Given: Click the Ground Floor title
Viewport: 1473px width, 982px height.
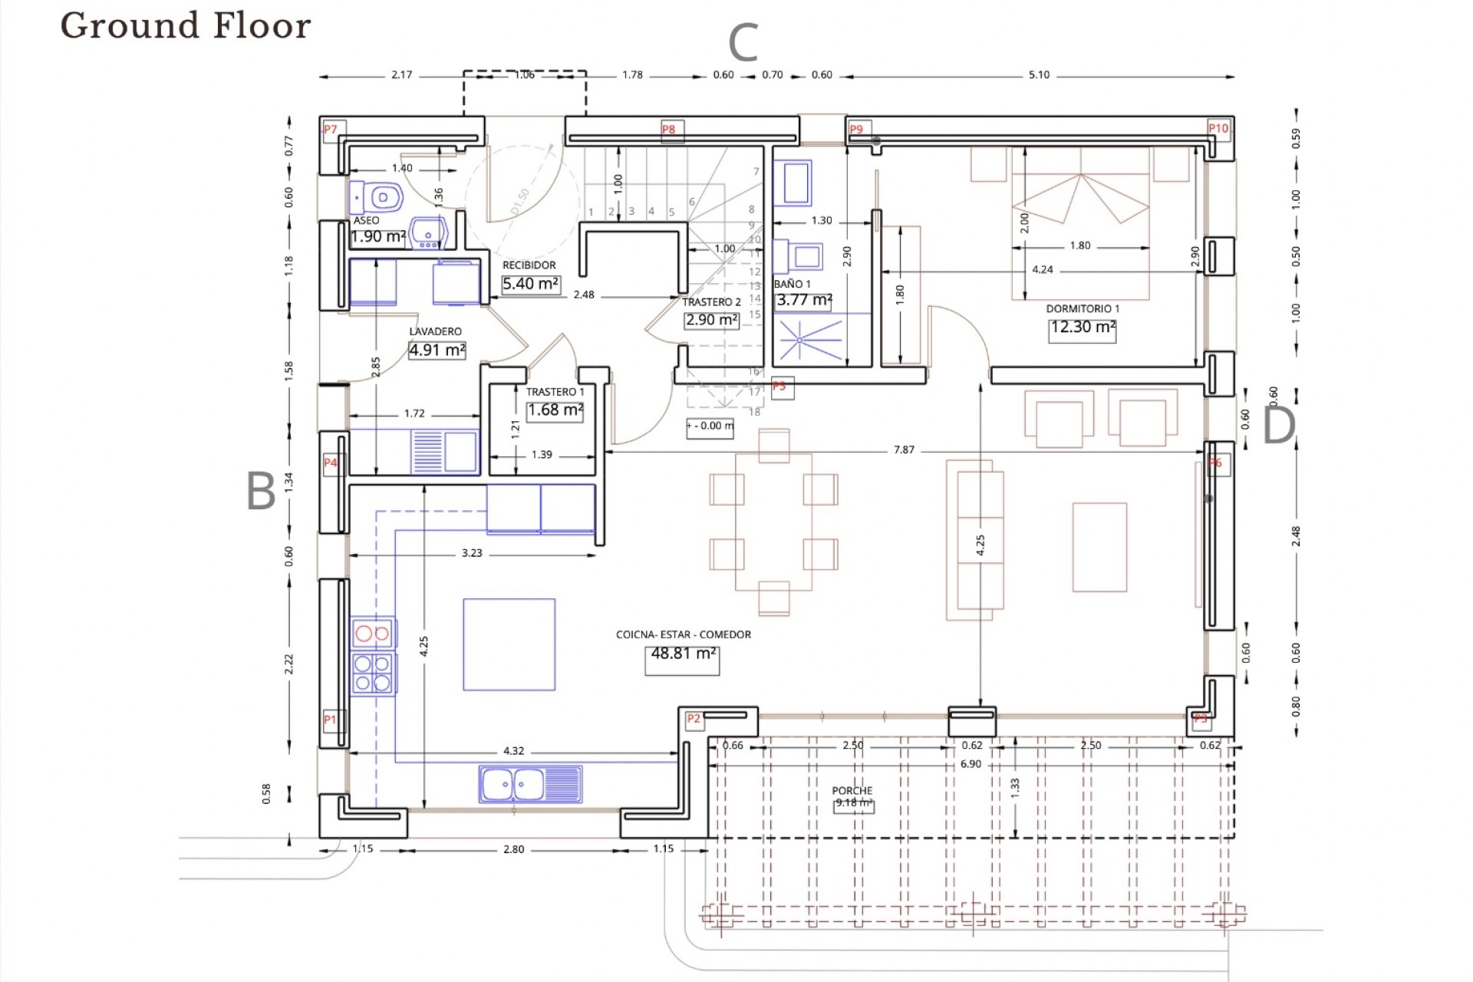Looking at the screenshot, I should [186, 25].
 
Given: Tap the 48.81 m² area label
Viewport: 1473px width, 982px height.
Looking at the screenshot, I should [682, 654].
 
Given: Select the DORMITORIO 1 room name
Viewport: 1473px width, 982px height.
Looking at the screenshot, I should [1083, 308].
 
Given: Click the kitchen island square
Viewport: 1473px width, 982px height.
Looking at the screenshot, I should [509, 644].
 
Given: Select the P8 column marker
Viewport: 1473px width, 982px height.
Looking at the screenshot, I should [669, 130].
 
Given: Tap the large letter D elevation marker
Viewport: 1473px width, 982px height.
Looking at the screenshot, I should [1278, 425].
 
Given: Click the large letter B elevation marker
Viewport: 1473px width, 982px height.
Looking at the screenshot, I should [261, 491].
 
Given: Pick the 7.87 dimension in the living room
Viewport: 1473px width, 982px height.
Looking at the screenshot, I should [904, 450].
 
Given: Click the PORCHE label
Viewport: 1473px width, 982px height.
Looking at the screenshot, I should [852, 790].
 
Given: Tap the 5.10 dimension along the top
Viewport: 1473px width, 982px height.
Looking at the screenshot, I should [1039, 75].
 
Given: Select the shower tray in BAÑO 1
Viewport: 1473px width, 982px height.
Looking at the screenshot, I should [812, 338].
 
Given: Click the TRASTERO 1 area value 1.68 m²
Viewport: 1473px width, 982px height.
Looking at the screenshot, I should [555, 410].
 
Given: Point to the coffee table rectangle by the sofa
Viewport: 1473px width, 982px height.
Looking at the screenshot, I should [1099, 547].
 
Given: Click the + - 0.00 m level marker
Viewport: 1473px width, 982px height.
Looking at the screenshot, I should [710, 426].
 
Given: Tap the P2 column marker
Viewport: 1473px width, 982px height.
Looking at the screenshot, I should [694, 719].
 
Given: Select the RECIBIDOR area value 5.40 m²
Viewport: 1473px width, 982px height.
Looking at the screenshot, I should [530, 284].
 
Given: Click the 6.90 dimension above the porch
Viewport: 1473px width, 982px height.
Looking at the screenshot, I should [970, 764].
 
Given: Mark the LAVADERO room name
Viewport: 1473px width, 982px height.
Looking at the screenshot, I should [435, 331].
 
